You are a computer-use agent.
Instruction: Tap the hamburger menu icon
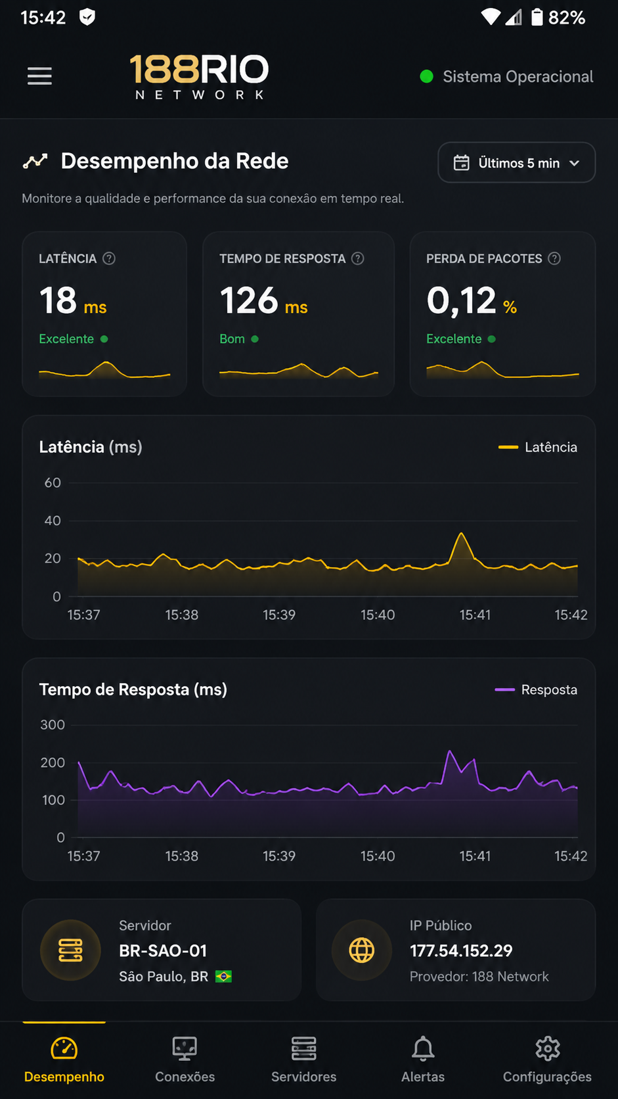point(39,76)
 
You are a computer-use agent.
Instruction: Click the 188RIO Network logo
point(199,76)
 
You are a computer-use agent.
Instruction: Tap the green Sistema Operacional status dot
point(426,76)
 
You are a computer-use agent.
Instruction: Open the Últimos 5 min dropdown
point(517,162)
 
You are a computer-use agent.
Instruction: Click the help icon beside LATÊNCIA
point(109,258)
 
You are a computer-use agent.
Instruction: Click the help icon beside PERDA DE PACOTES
point(554,258)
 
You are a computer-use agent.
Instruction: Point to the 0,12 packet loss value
point(461,300)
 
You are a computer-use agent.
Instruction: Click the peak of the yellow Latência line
point(461,533)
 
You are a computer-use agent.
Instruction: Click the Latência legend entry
point(538,447)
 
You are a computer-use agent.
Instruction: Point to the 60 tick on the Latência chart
point(53,482)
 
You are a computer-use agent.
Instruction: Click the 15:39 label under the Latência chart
point(279,615)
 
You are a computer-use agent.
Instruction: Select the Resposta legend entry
point(536,690)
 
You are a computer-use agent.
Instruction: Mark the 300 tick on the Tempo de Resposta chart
point(53,724)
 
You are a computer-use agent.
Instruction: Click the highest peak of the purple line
point(449,751)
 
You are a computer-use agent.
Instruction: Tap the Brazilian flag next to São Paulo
point(223,976)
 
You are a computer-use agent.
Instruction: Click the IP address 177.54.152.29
point(460,951)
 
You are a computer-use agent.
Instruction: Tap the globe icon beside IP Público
point(362,950)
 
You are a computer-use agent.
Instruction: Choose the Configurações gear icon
point(548,1049)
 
